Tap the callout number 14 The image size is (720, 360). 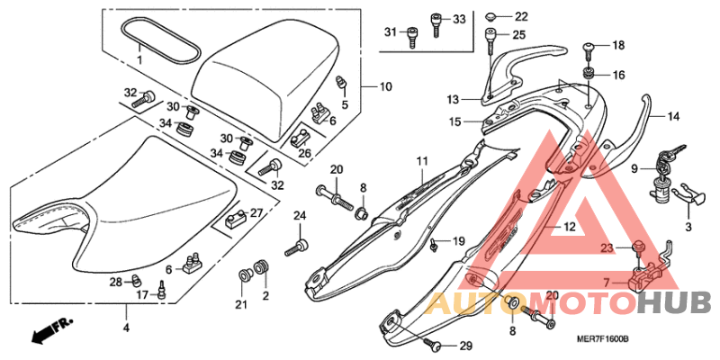tap(673, 116)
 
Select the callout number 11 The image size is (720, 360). tap(419, 160)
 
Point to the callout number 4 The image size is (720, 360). tap(127, 328)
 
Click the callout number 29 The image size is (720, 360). tap(465, 346)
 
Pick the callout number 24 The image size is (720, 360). tap(300, 215)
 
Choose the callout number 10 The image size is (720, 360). tap(386, 87)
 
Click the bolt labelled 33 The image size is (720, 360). tap(436, 25)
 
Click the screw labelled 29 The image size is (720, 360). tap(429, 343)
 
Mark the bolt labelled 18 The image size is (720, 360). tap(589, 47)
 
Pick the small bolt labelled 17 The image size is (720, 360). tap(162, 290)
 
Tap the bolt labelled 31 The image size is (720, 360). tap(412, 37)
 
